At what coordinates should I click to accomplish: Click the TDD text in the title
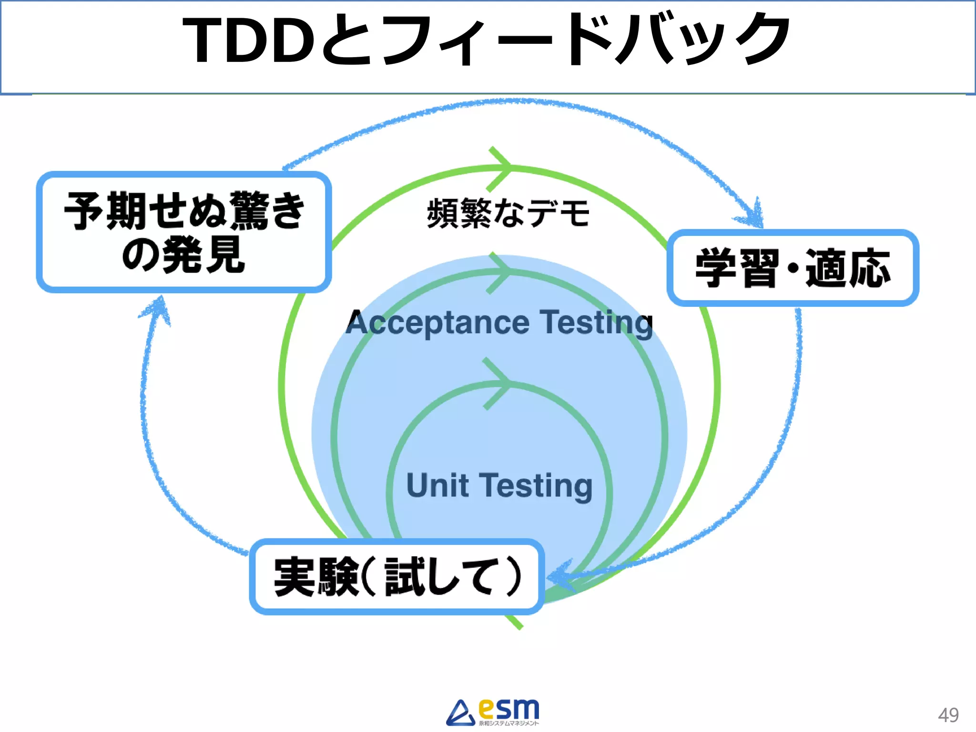pos(248,41)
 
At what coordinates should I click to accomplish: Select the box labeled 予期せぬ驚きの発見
pos(184,232)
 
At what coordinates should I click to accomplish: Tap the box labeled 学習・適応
pos(793,268)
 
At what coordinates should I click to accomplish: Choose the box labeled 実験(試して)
pos(397,577)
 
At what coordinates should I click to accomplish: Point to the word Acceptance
pos(437,323)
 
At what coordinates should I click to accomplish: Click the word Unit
pos(437,486)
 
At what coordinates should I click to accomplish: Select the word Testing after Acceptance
pos(596,323)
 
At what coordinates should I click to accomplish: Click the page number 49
pos(948,715)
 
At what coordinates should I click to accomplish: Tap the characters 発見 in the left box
pos(205,256)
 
